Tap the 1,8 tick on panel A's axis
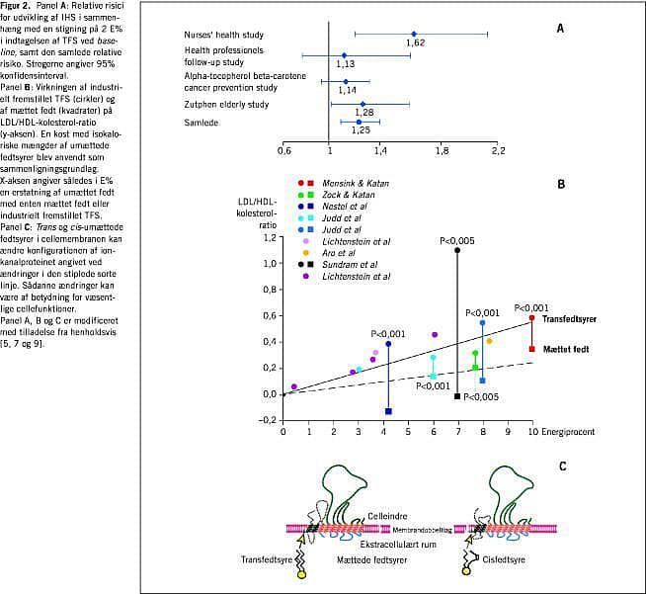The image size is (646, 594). point(442,149)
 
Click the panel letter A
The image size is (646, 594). point(560,29)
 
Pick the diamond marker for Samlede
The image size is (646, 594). point(359,122)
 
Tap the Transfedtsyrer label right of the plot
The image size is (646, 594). point(573,318)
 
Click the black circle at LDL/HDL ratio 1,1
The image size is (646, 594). point(457,250)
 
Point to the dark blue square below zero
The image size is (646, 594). point(388,411)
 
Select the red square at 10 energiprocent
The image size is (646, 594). point(532,349)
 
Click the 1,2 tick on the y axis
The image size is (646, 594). point(268,265)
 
